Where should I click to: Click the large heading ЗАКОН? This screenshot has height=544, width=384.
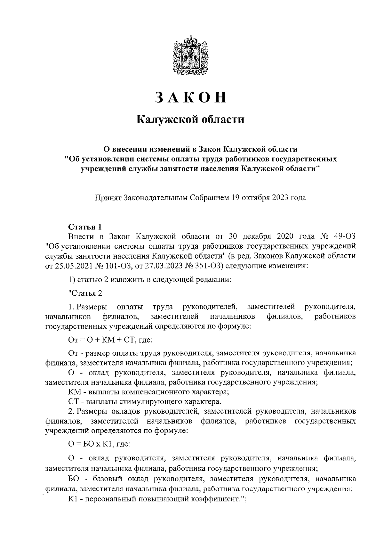tap(191, 97)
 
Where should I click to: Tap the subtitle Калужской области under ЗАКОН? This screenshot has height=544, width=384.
tap(191, 120)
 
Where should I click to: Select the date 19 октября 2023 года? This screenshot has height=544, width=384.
tap(268, 198)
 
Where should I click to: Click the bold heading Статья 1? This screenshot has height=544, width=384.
tap(85, 227)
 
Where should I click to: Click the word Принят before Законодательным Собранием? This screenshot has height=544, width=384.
tap(108, 198)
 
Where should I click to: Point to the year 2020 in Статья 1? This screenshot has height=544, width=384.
tap(283, 237)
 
